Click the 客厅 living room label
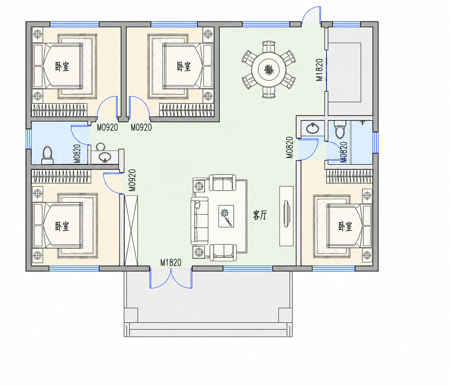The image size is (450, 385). click(260, 215)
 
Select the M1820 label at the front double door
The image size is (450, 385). click(171, 263)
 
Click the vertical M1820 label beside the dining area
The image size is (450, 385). click(319, 70)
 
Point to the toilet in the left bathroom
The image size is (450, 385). click(47, 155)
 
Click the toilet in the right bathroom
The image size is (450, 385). click(340, 129)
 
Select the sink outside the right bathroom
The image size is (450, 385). click(313, 128)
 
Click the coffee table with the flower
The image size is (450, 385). click(226, 216)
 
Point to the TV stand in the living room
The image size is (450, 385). click(286, 216)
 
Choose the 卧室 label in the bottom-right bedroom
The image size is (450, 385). click(345, 226)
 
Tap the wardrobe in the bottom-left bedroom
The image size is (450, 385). click(61, 176)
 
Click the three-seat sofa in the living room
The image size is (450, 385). click(199, 221)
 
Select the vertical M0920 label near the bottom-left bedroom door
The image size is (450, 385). click(132, 180)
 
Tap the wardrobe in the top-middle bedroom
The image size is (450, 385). click(186, 110)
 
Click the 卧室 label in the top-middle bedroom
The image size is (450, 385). click(184, 67)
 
